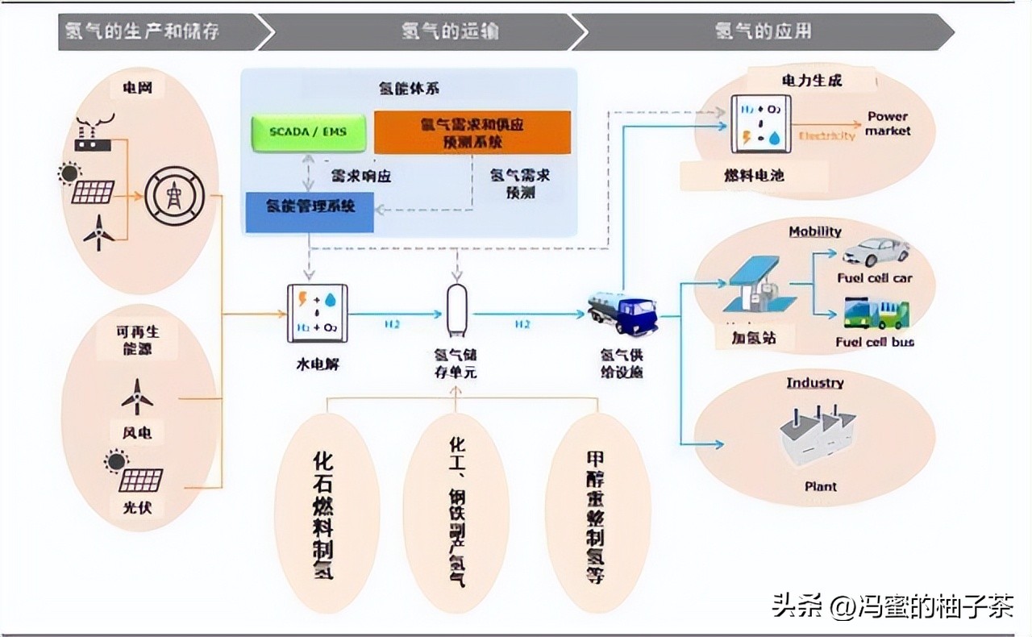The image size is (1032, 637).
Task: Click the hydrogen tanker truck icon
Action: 622,312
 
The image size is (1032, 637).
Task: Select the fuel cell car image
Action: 876,252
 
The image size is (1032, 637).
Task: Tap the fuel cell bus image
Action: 876,314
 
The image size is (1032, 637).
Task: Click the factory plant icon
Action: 817,435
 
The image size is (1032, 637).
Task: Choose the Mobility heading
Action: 814,231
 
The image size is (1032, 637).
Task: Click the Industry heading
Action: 814,382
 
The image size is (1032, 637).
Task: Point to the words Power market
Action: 888,123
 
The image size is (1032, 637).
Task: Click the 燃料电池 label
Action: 754,175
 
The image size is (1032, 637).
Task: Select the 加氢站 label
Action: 746,338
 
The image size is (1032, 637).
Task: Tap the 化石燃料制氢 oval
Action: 326,514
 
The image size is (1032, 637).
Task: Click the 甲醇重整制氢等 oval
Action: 597,514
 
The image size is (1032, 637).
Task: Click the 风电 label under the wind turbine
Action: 136,433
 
